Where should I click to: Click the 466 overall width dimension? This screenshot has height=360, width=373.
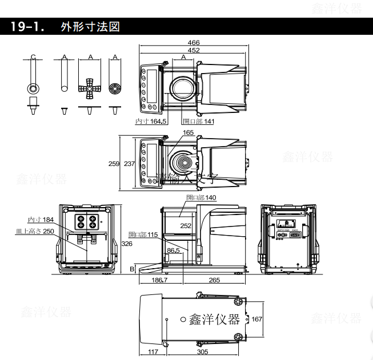(194, 43)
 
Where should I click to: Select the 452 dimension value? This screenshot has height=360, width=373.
(194, 50)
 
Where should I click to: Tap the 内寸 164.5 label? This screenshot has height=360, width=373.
(150, 122)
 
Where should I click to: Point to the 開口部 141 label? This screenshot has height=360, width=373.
(198, 122)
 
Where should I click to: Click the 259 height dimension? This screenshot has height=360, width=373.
(114, 164)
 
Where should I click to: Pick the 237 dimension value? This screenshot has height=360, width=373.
(129, 164)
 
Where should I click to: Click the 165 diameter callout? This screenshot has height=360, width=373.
(188, 133)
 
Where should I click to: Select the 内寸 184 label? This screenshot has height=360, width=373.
(40, 220)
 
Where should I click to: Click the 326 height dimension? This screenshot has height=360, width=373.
(127, 244)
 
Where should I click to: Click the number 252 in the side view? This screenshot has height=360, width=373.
(186, 225)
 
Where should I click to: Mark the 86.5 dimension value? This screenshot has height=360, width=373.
(173, 250)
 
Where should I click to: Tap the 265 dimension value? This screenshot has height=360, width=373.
(215, 280)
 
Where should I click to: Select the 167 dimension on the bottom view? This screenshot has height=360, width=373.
(256, 319)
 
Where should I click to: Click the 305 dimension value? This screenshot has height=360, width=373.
(202, 352)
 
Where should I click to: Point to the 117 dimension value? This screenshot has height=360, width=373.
(152, 352)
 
